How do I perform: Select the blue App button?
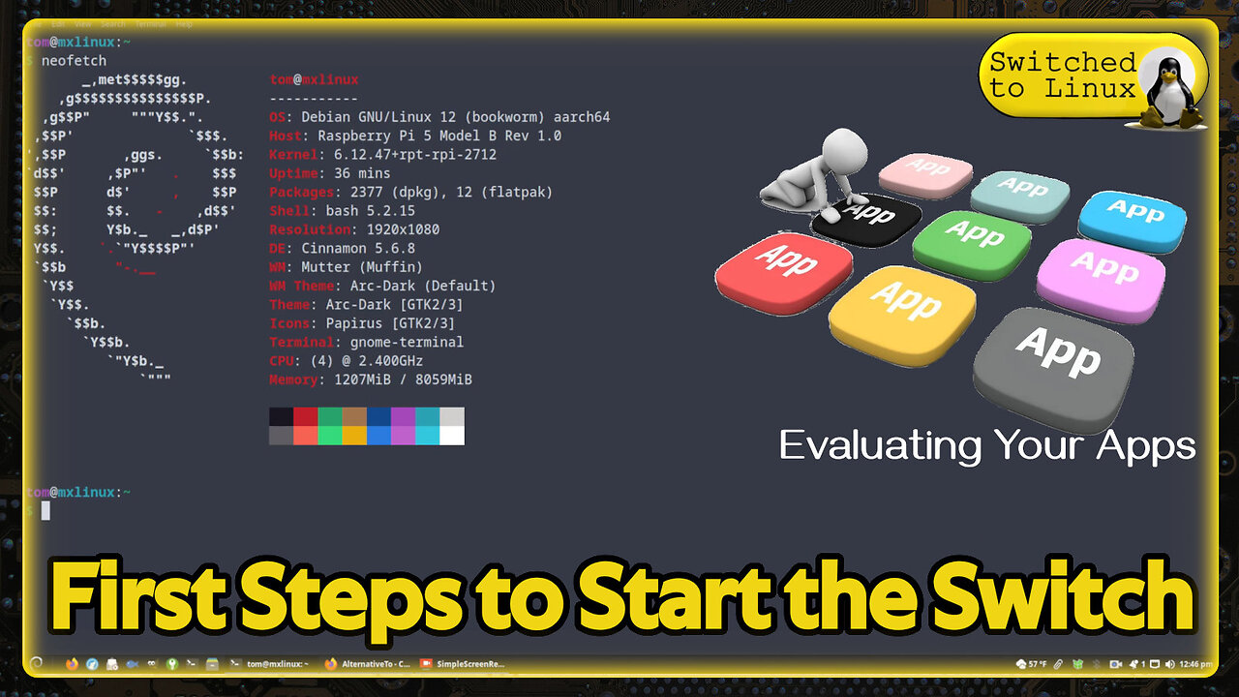pyautogui.click(x=1132, y=218)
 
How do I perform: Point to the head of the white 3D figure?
pyautogui.click(x=838, y=150)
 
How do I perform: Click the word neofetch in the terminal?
pyautogui.click(x=74, y=61)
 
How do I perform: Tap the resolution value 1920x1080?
pyautogui.click(x=403, y=229)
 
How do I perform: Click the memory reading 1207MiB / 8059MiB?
pyautogui.click(x=403, y=379)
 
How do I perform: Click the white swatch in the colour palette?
pyautogui.click(x=451, y=436)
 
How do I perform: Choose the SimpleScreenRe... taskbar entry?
pyautogui.click(x=465, y=664)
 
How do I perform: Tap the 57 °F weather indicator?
pyautogui.click(x=1031, y=664)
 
